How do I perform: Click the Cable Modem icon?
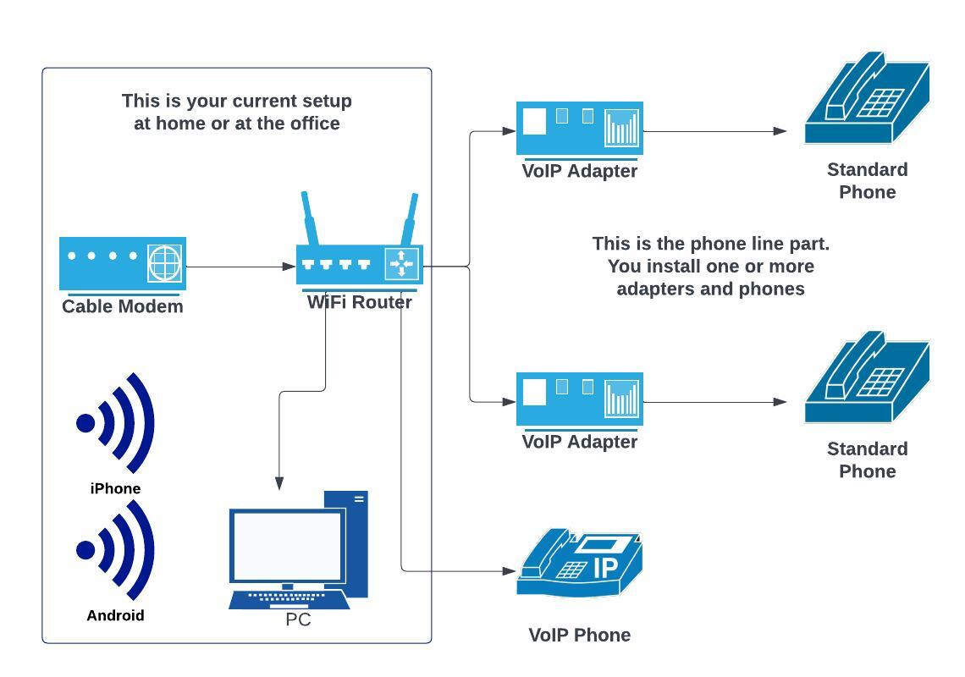(122, 263)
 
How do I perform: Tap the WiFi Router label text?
(359, 302)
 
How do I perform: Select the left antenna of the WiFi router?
(310, 218)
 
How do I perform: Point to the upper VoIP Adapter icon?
(580, 128)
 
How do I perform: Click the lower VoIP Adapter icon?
(580, 399)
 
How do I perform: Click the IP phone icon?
(580, 566)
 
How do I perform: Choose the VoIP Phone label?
(580, 635)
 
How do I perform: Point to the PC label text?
(298, 620)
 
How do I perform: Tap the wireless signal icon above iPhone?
(116, 423)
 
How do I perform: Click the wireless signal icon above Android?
(116, 550)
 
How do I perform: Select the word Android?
(115, 615)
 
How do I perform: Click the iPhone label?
(115, 488)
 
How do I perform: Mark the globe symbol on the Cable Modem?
(165, 262)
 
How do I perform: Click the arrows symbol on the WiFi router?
(401, 264)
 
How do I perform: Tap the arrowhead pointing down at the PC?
(279, 483)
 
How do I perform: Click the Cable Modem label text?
(122, 306)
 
